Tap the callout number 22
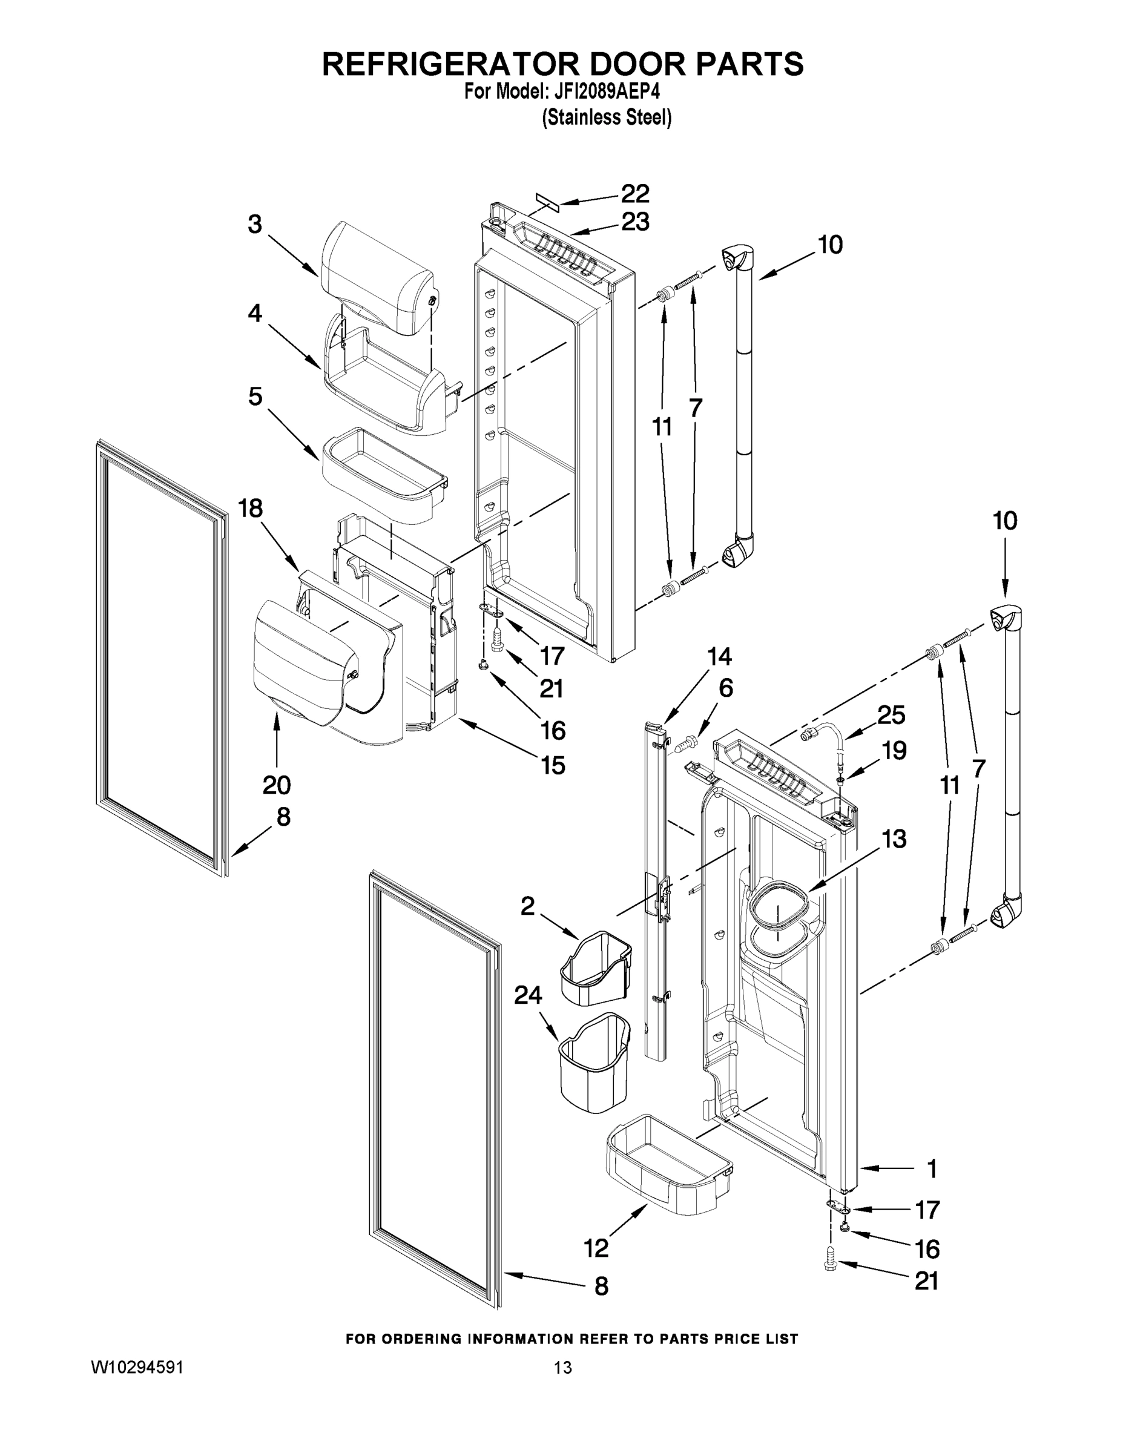[x=634, y=194]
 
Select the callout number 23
[x=634, y=222]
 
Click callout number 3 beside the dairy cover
[x=254, y=225]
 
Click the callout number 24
[x=527, y=1014]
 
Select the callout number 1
[x=932, y=1168]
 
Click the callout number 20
[x=276, y=785]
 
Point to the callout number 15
[x=553, y=766]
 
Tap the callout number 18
[x=250, y=509]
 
